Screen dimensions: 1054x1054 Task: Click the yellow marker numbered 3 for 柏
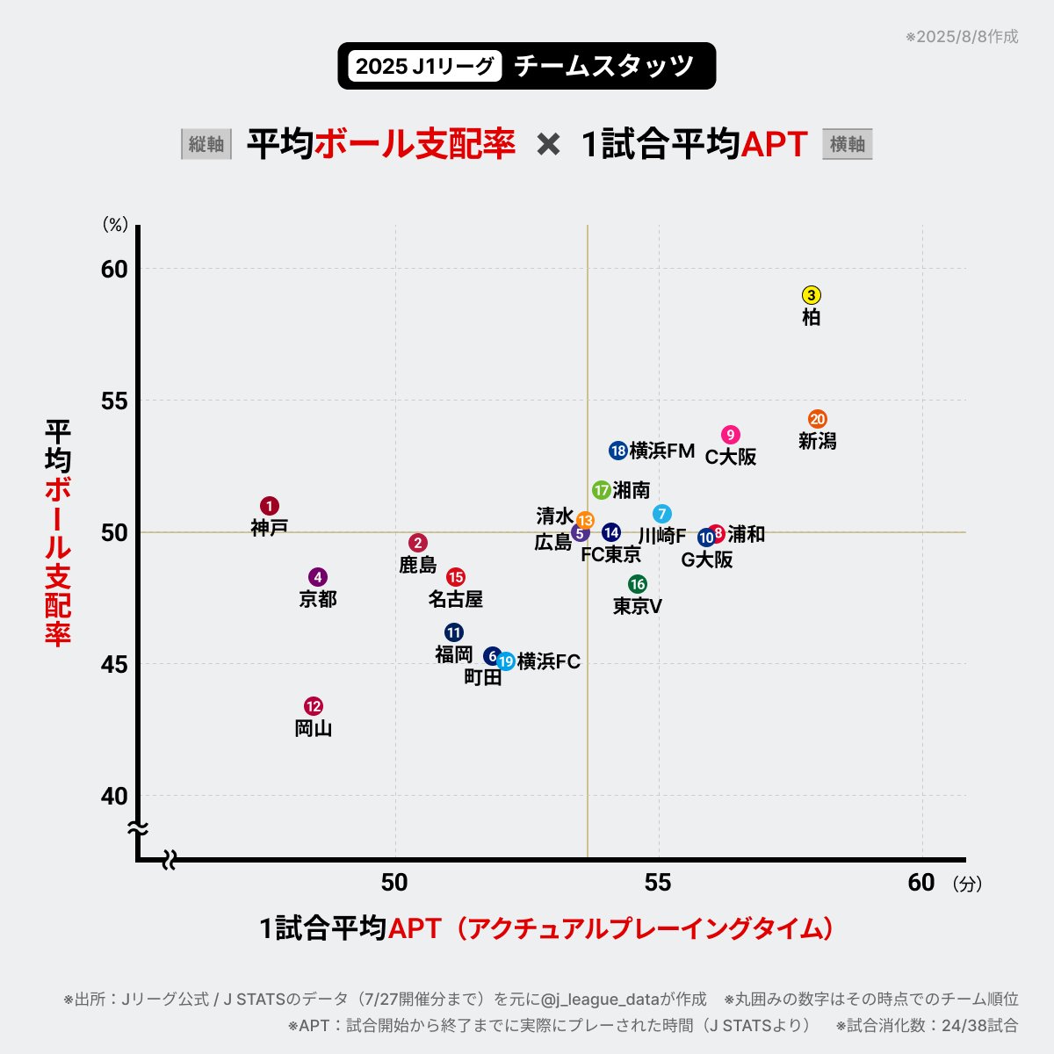(x=812, y=295)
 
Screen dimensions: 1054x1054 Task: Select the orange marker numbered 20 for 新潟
(x=818, y=419)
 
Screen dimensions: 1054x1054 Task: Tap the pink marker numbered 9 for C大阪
(x=731, y=435)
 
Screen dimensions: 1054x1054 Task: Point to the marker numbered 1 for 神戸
(x=270, y=506)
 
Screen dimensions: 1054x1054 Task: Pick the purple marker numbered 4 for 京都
(x=318, y=577)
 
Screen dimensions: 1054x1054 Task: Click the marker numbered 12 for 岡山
(x=314, y=706)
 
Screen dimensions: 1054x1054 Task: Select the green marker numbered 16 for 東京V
(x=638, y=584)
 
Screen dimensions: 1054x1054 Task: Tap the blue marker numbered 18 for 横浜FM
(x=618, y=451)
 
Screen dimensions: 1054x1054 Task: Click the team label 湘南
(x=632, y=490)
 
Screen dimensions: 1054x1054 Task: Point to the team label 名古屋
(x=456, y=599)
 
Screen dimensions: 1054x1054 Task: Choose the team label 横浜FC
(x=549, y=661)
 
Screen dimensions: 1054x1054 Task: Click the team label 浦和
(x=747, y=534)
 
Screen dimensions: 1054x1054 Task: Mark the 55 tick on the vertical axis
(x=114, y=401)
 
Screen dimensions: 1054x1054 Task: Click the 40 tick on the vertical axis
(x=114, y=796)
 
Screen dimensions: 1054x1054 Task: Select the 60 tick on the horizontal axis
(x=921, y=882)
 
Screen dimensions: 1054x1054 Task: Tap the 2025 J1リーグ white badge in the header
(x=425, y=66)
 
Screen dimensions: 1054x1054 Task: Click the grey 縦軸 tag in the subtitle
(x=206, y=144)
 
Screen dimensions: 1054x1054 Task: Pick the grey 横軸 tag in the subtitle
(x=848, y=144)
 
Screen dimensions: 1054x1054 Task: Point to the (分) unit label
(x=967, y=884)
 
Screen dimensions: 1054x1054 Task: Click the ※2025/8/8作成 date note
(x=962, y=37)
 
